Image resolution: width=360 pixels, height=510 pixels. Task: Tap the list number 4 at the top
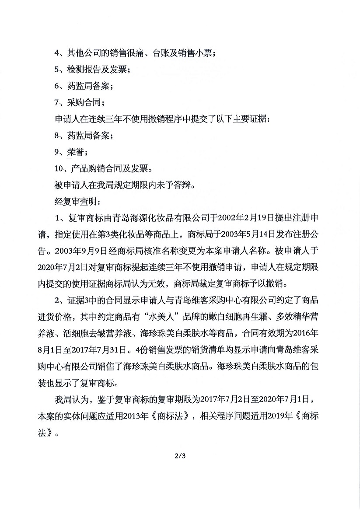pyautogui.click(x=56, y=53)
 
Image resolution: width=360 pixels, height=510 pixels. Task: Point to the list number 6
pyautogui.click(x=56, y=86)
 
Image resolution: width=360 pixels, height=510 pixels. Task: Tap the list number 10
pyautogui.click(x=58, y=168)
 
